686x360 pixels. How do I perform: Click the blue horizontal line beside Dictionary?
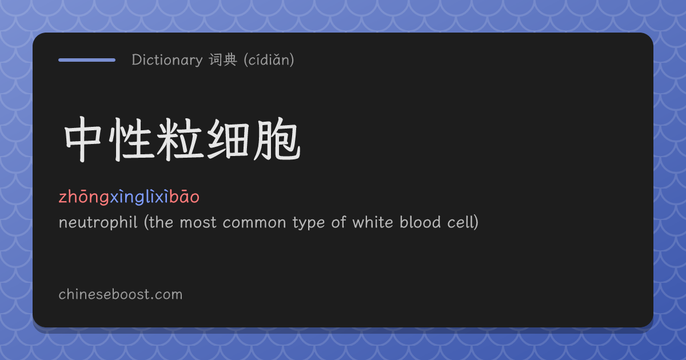(87, 60)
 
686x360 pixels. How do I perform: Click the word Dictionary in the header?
(167, 59)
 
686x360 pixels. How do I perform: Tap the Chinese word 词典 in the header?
(223, 59)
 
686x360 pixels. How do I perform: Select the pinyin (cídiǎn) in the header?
(269, 59)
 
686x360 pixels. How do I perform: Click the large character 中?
(83, 139)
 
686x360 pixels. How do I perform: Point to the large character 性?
(131, 139)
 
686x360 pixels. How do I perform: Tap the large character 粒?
(180, 139)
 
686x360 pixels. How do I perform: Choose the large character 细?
(228, 139)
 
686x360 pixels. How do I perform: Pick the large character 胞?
(277, 139)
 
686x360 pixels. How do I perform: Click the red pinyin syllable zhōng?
(84, 197)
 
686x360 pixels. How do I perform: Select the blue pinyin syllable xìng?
(127, 197)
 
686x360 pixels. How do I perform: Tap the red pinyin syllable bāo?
(184, 197)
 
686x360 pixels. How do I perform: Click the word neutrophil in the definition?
(98, 222)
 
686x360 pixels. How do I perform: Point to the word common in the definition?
(254, 223)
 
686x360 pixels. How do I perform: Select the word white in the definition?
(373, 222)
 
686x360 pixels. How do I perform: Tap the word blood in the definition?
(420, 222)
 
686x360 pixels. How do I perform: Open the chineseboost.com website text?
(121, 294)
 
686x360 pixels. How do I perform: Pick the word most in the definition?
(198, 222)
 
